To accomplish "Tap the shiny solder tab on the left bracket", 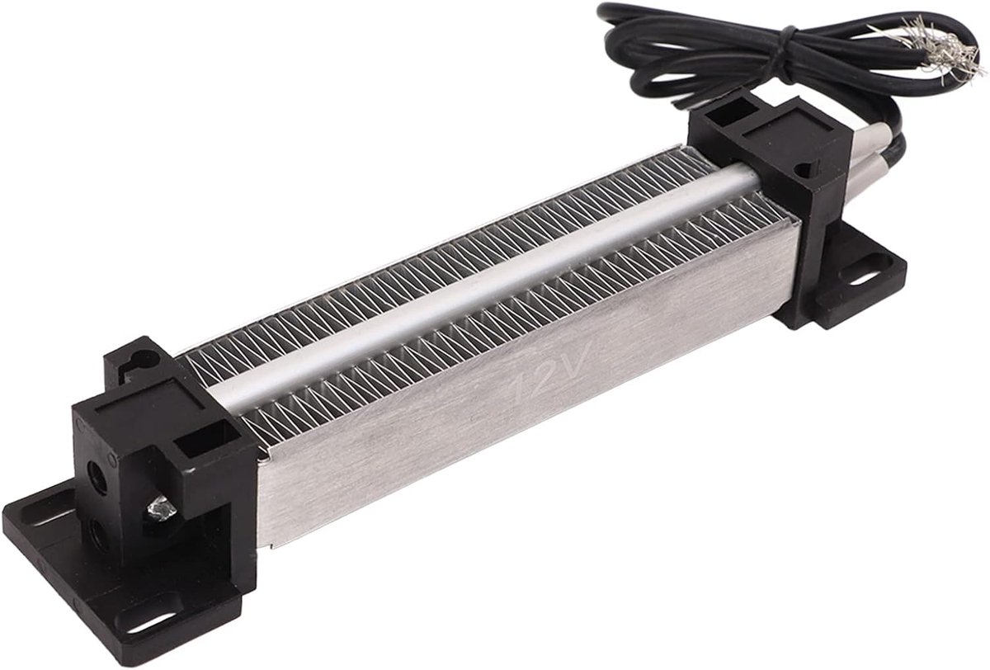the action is click(x=162, y=511).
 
